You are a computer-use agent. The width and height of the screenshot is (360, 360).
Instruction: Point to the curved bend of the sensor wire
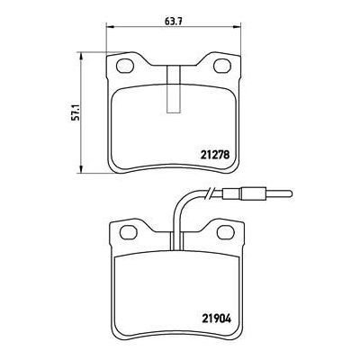coord(181,200)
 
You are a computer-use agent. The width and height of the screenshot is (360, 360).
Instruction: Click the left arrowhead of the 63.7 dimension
coord(109,27)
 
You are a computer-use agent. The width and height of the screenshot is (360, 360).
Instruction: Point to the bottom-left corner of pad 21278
coord(111,168)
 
